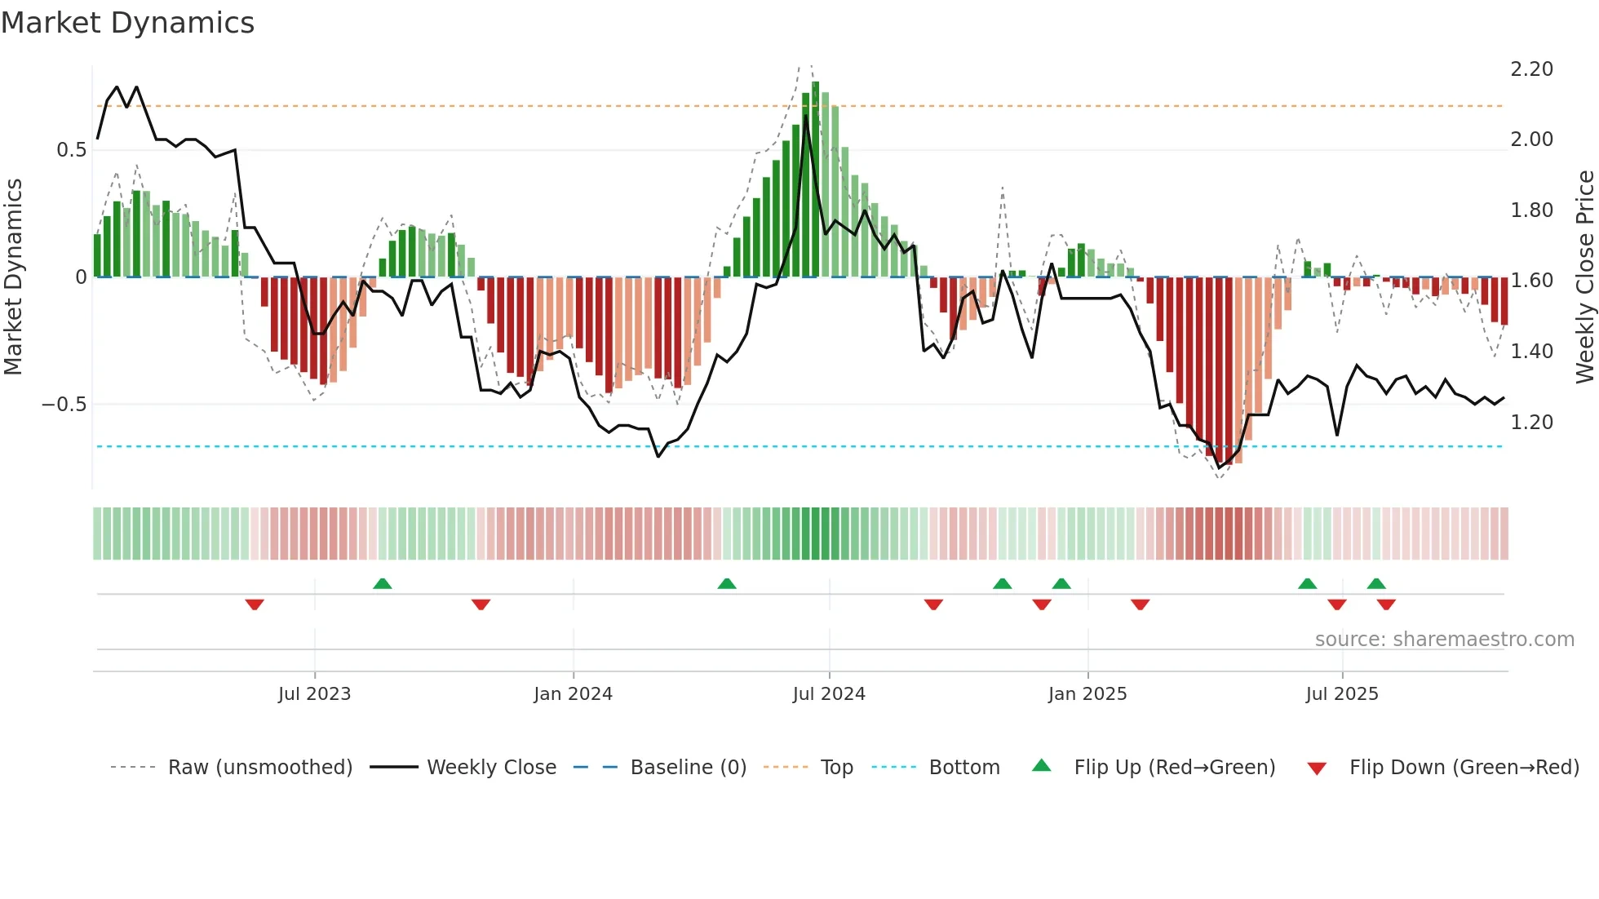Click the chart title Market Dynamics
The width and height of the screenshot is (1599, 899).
127,23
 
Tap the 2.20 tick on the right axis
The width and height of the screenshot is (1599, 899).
1531,69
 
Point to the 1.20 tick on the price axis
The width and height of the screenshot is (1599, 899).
1531,423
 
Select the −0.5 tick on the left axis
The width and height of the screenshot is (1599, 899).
64,405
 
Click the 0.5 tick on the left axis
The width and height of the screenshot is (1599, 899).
71,150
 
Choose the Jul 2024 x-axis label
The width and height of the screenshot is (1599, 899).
828,694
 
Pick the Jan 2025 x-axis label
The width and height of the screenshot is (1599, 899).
1087,694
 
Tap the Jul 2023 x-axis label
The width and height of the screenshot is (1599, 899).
314,694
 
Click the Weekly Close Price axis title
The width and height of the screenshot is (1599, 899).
1584,277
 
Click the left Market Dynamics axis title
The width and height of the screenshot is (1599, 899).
13,277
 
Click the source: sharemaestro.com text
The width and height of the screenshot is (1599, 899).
1444,640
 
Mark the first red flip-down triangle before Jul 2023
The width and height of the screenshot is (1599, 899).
255,604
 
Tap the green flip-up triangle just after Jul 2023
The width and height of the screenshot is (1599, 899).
382,583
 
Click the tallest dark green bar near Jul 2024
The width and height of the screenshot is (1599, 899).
815,179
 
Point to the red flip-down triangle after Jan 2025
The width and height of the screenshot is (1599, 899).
1140,604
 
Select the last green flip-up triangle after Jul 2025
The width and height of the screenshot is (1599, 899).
1375,583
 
